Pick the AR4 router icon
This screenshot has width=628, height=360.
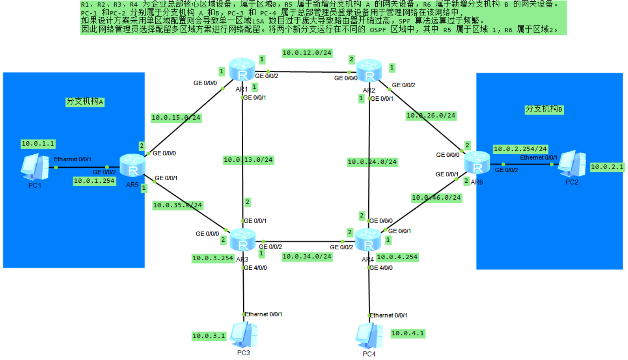pos(367,240)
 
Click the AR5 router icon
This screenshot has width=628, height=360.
pos(131,166)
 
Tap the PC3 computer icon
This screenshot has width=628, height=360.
pos(243,334)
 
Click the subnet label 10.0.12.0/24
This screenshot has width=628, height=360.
pos(307,53)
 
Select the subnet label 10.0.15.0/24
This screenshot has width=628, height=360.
pos(176,117)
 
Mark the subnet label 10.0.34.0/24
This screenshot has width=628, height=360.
pos(307,256)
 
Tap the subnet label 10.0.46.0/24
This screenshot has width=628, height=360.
pos(436,198)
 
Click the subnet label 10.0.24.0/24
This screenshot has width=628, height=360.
pos(372,162)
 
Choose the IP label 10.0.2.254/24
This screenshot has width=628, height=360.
pos(520,149)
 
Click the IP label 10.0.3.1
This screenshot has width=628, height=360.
pos(208,335)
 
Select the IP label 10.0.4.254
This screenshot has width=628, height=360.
pos(397,257)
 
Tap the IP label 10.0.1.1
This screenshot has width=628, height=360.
pos(38,143)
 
